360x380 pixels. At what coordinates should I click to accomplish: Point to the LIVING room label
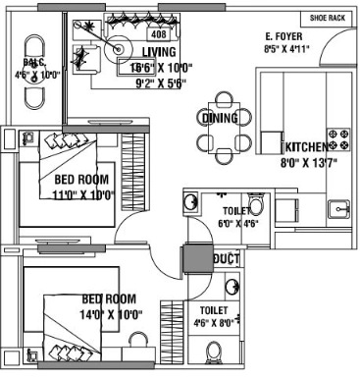(159, 51)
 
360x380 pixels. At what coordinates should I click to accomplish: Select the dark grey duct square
(193, 261)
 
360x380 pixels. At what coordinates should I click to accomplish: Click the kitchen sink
(339, 208)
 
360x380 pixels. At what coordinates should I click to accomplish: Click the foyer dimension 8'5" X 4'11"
(286, 47)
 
